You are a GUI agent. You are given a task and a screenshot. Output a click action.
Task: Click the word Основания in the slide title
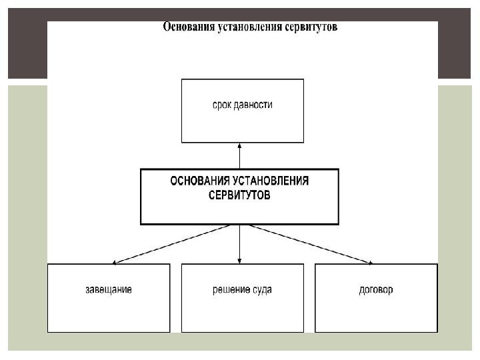tap(188, 28)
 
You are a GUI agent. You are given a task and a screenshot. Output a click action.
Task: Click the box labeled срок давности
tap(242, 124)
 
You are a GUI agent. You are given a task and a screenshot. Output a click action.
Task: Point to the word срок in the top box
tap(222, 105)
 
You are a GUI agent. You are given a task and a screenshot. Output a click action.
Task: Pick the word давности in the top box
tap(255, 105)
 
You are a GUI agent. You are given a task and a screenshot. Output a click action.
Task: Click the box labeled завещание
tap(109, 313)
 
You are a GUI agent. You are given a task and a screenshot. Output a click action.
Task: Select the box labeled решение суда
tap(242, 313)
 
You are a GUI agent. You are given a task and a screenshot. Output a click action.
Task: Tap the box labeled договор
tap(376, 313)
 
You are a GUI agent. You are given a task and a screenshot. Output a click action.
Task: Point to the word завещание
tap(109, 290)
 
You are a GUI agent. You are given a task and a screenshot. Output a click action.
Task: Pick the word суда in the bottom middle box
tap(263, 290)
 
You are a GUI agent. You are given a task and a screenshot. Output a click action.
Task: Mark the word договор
tap(376, 290)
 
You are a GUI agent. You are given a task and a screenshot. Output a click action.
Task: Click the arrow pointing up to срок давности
tap(239, 157)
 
